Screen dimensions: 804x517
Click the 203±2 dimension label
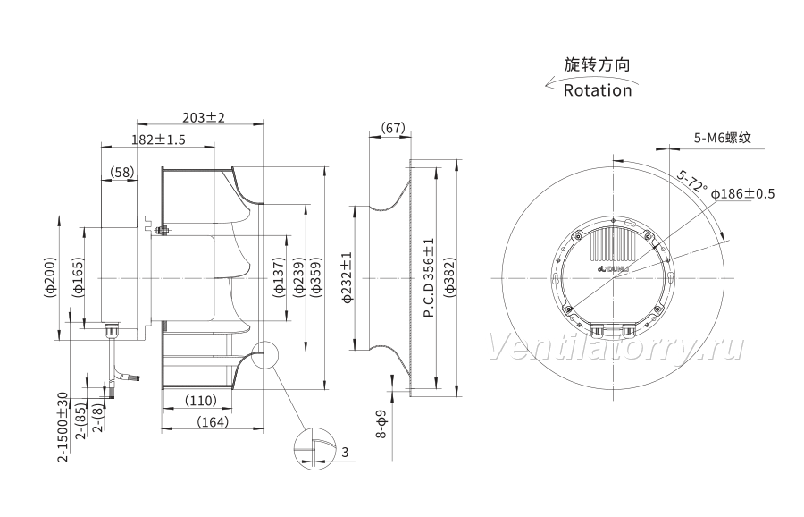tap(204, 117)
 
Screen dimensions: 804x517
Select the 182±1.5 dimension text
tap(158, 140)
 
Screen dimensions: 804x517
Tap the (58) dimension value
tap(122, 172)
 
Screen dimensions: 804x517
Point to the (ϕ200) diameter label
tap(50, 277)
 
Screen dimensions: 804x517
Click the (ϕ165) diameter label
tap(79, 277)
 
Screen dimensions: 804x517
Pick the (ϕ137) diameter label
tap(279, 277)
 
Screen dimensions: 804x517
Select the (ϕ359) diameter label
tap(316, 277)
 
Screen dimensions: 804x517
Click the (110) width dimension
tap(200, 401)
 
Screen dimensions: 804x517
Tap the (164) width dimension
tap(213, 422)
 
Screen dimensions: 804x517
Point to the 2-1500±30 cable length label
tap(63, 428)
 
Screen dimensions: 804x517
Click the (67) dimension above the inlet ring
tap(393, 128)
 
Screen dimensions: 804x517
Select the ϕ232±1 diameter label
tap(348, 277)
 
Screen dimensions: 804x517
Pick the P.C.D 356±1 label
tap(429, 277)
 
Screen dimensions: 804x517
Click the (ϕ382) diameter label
tap(450, 277)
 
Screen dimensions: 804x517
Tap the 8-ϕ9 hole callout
tap(381, 425)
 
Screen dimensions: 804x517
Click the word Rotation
tap(598, 90)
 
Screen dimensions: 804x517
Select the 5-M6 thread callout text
tap(723, 138)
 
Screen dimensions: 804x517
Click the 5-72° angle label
tap(691, 182)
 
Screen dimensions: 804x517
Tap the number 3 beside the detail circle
tap(345, 452)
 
